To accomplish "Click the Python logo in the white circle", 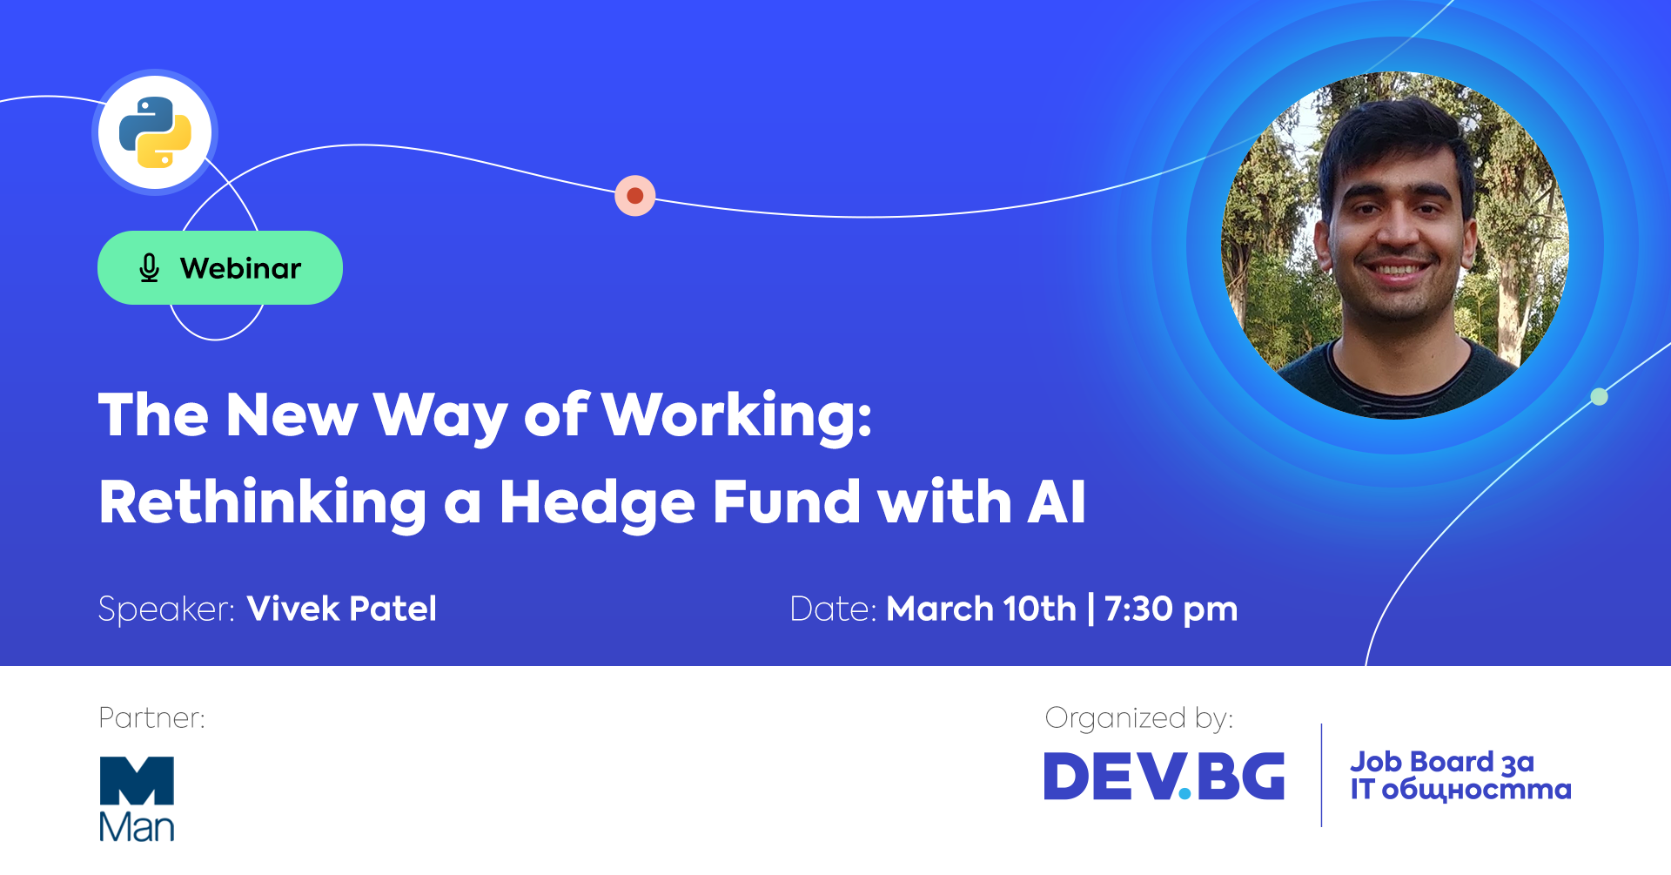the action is [x=155, y=132].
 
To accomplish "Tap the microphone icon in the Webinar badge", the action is [x=150, y=268].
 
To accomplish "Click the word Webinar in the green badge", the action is [x=240, y=268].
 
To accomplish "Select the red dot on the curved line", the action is [x=635, y=195].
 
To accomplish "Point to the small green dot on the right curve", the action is [x=1599, y=397].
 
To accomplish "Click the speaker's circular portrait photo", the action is [x=1395, y=245].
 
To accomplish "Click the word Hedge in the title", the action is [x=597, y=502].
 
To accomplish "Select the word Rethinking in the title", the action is [x=263, y=502].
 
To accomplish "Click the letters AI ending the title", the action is [x=1057, y=502].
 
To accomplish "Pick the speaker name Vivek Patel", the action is [x=342, y=609].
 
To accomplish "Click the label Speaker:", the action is [x=166, y=609].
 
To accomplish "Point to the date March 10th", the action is [x=982, y=609].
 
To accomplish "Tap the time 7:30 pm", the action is [x=1171, y=609].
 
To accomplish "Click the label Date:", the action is [x=833, y=609].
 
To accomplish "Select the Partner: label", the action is [x=152, y=717].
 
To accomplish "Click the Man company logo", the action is [x=137, y=798].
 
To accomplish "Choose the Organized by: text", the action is [x=1139, y=718].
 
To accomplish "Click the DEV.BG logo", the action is [x=1164, y=776].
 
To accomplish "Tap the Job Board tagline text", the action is [x=1461, y=776].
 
